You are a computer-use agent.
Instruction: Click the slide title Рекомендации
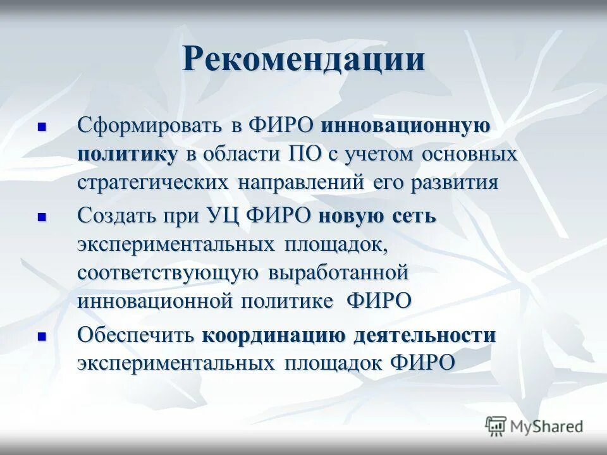[x=303, y=60]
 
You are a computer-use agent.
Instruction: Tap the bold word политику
[x=128, y=154]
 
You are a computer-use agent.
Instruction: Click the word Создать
[x=118, y=215]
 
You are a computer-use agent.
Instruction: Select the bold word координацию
[x=274, y=335]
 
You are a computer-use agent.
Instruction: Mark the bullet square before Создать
[x=43, y=216]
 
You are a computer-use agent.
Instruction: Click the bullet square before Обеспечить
[x=43, y=336]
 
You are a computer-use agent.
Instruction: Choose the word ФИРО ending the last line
[x=423, y=363]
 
